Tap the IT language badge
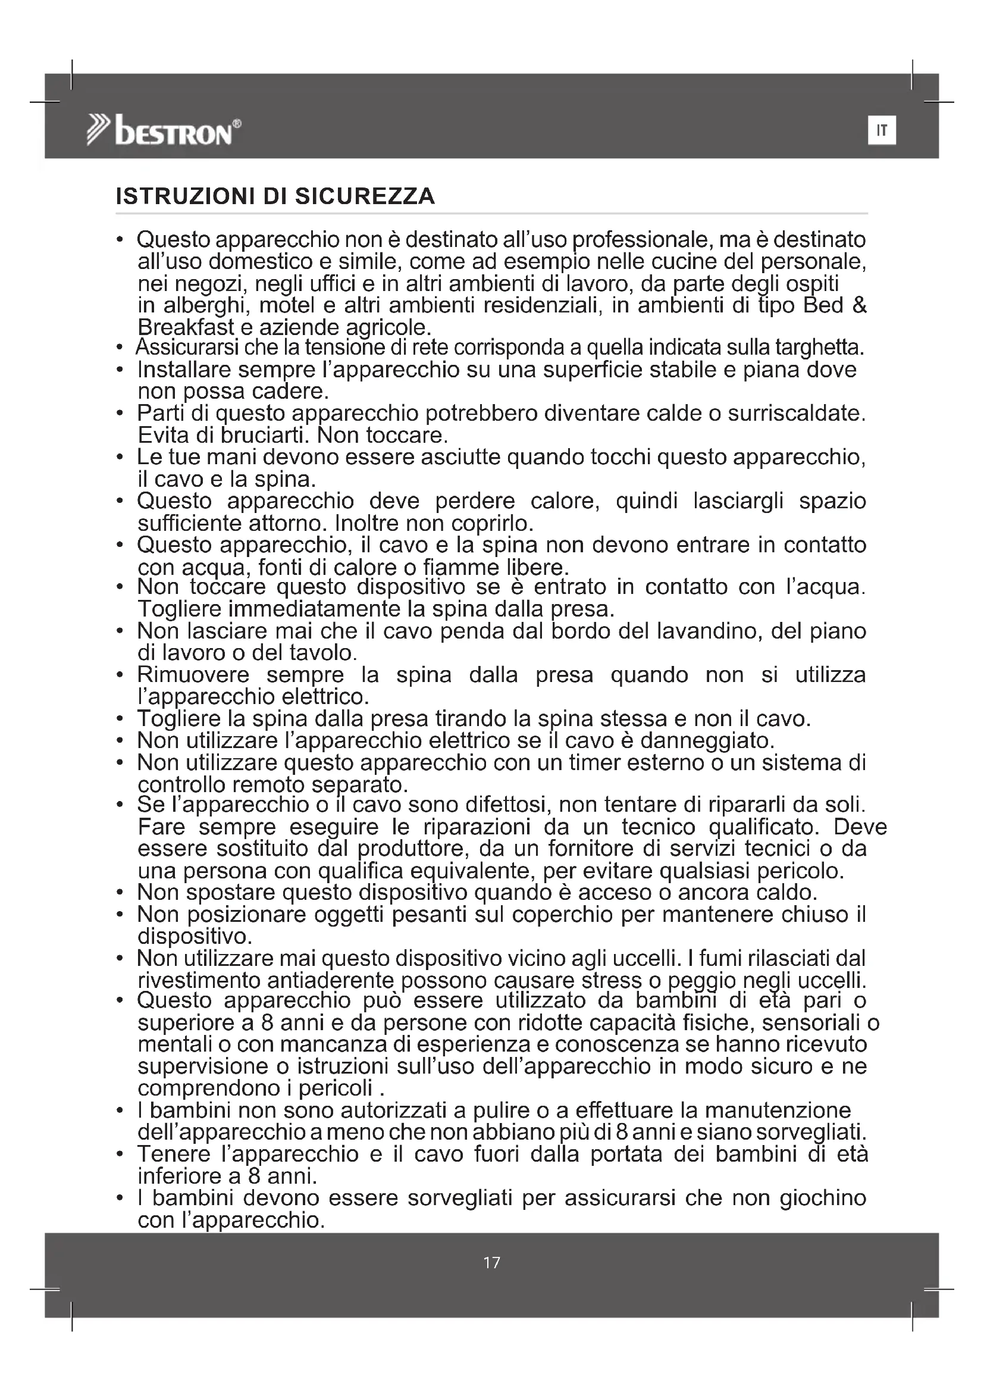tap(882, 131)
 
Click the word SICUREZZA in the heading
tap(365, 196)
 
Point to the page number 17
tap(492, 1263)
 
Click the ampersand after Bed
tap(859, 305)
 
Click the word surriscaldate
tap(796, 414)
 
